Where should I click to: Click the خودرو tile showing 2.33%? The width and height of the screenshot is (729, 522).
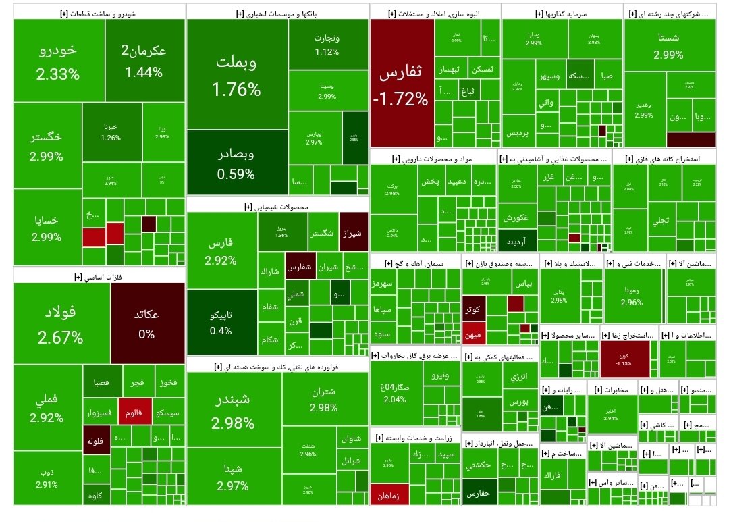(57, 61)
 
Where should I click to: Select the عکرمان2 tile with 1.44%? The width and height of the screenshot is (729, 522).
(143, 61)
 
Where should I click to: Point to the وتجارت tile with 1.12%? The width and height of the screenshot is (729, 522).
(327, 45)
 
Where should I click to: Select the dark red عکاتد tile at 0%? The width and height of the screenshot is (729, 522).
(146, 324)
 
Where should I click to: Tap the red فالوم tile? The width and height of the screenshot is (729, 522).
(135, 412)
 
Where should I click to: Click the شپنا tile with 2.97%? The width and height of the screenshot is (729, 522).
(234, 476)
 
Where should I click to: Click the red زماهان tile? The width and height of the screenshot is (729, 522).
(391, 495)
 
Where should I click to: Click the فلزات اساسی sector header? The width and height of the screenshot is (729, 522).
(99, 276)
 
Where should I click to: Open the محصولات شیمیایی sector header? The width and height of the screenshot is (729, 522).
(277, 206)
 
